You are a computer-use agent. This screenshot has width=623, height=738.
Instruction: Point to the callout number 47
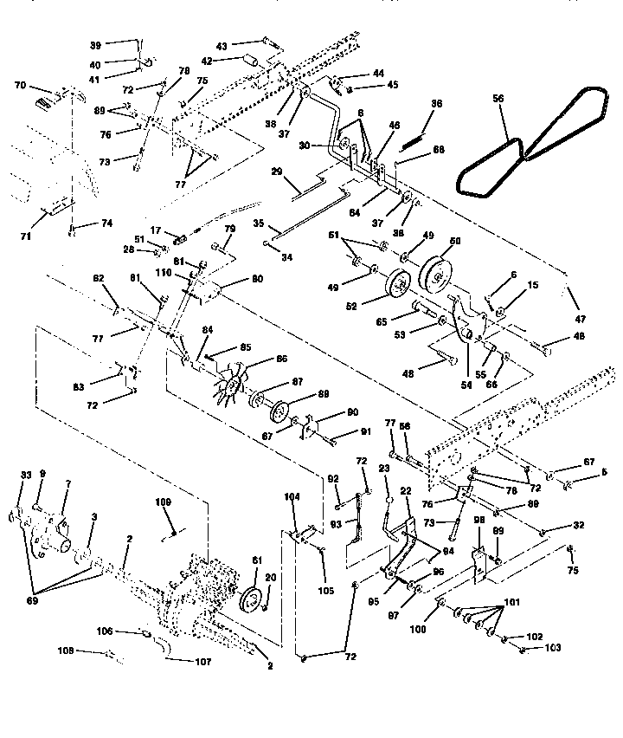coord(578,319)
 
